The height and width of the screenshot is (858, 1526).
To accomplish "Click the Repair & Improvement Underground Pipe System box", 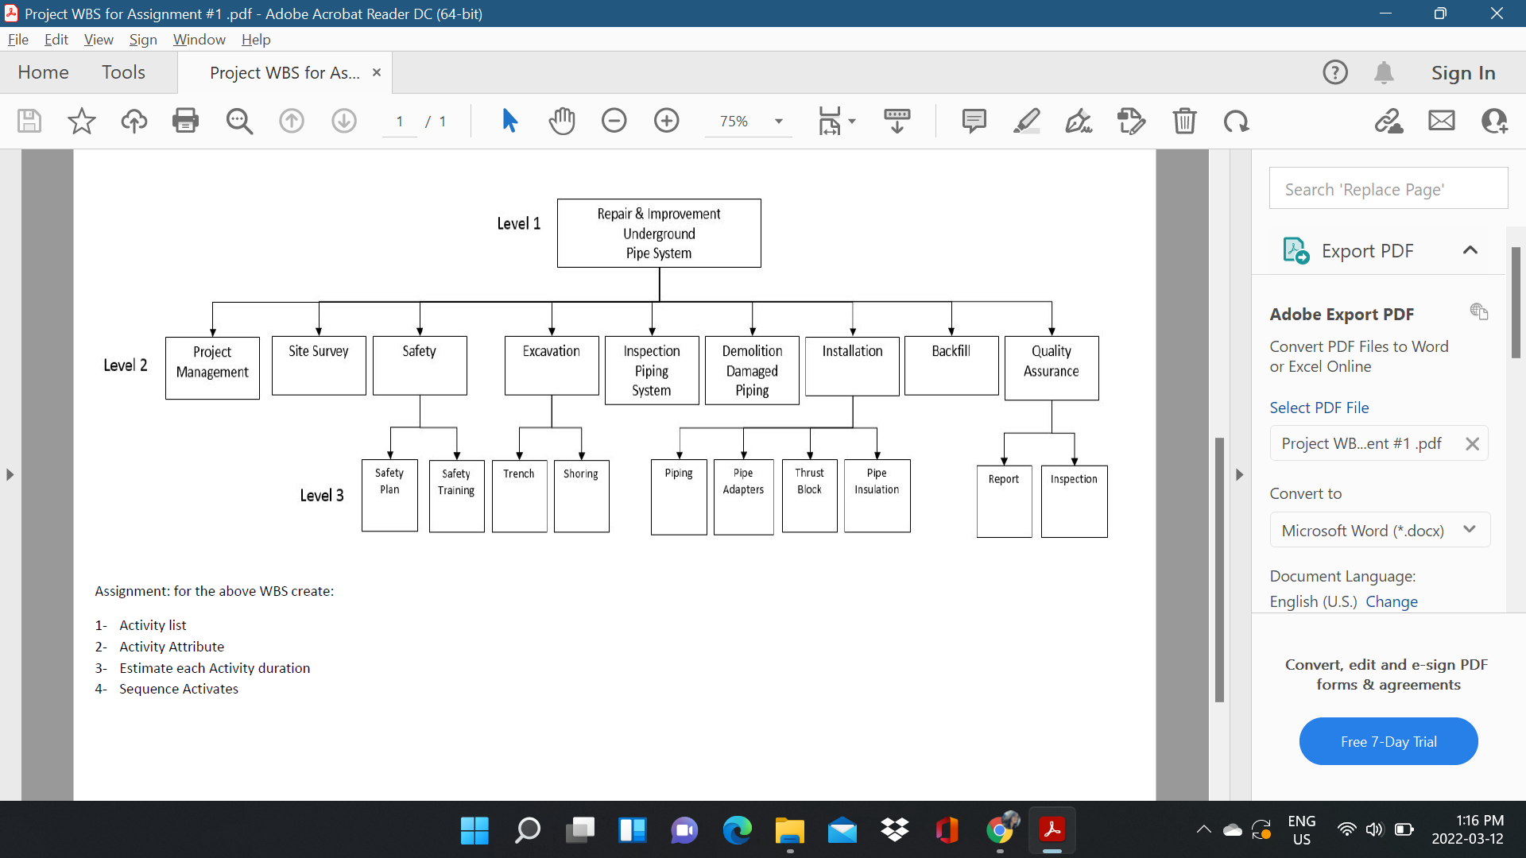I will (x=659, y=233).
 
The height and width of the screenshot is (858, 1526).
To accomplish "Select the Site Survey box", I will (x=319, y=365).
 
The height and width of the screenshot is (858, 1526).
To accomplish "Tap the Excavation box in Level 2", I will (x=552, y=365).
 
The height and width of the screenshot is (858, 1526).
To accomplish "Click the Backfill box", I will (x=951, y=365).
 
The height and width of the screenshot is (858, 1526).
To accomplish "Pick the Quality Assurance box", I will (x=1052, y=367).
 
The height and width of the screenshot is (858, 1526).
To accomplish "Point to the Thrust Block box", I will (x=809, y=496).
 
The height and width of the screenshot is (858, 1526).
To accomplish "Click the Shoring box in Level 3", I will (x=581, y=496).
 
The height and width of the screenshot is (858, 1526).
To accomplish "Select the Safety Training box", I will (x=456, y=496).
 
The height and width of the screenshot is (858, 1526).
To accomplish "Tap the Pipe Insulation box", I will (x=877, y=496).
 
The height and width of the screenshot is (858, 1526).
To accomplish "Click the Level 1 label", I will (x=518, y=224).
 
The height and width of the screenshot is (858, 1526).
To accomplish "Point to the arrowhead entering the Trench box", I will (x=520, y=455).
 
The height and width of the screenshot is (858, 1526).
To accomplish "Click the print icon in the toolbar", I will (x=185, y=121).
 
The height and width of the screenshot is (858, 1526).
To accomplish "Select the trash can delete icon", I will (x=1184, y=121).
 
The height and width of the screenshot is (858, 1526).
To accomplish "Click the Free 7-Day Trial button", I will (x=1388, y=741).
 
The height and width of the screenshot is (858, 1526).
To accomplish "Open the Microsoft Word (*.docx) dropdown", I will (x=1379, y=531).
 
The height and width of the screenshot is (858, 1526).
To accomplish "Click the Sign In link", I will (x=1462, y=73).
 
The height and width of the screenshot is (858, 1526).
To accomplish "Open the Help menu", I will (x=256, y=40).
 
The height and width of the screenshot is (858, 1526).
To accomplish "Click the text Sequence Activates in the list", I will (x=179, y=689).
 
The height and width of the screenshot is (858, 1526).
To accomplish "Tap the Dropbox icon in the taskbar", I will (x=895, y=830).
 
